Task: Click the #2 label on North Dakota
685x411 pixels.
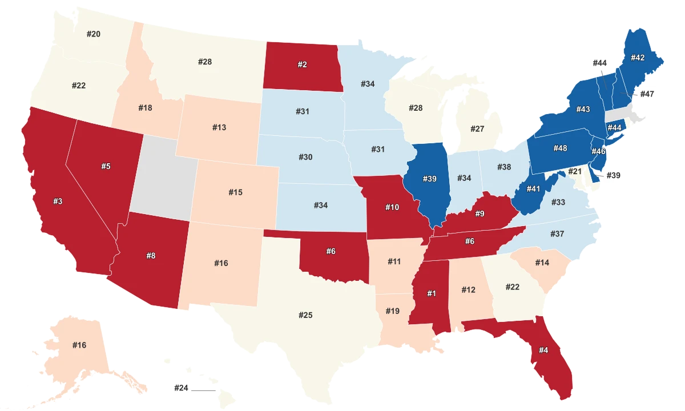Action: tap(303, 65)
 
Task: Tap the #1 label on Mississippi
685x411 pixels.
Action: tap(432, 293)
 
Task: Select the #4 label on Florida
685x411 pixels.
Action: tap(543, 350)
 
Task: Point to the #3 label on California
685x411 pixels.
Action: tap(58, 201)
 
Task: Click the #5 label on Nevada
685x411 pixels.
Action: tap(106, 166)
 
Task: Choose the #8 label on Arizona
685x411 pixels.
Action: tap(151, 256)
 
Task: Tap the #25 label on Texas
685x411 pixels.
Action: tap(305, 315)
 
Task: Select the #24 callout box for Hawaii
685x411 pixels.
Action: tap(181, 388)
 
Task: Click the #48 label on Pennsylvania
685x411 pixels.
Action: tap(560, 148)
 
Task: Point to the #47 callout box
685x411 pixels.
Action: tap(647, 94)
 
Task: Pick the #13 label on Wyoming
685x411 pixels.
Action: tap(219, 127)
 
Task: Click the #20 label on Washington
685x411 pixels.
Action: tap(94, 34)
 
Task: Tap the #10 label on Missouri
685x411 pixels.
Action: tap(392, 207)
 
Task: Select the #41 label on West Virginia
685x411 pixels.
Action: tap(533, 189)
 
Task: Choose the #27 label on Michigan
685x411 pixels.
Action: tap(477, 129)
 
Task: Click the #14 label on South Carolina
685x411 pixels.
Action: tap(542, 263)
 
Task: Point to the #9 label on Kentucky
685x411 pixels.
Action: tap(479, 215)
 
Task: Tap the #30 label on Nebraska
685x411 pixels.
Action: tap(305, 157)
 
